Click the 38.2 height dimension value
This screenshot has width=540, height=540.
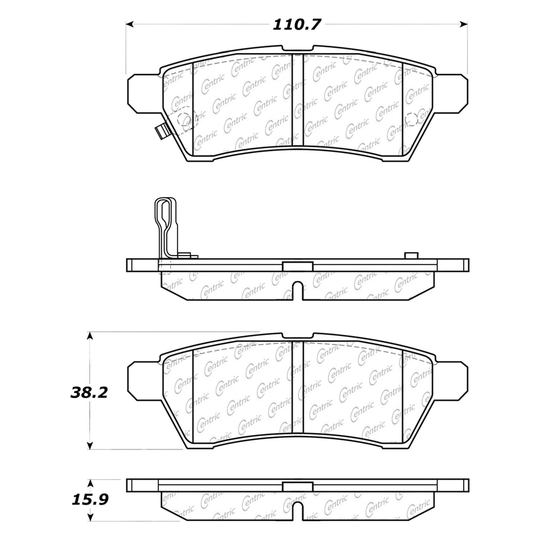(x=89, y=393)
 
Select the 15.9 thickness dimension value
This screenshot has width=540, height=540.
(x=90, y=500)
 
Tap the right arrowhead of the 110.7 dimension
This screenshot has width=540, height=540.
(x=464, y=24)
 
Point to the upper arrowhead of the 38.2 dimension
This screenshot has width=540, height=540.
(x=90, y=336)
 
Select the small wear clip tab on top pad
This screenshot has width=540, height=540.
(x=161, y=131)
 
